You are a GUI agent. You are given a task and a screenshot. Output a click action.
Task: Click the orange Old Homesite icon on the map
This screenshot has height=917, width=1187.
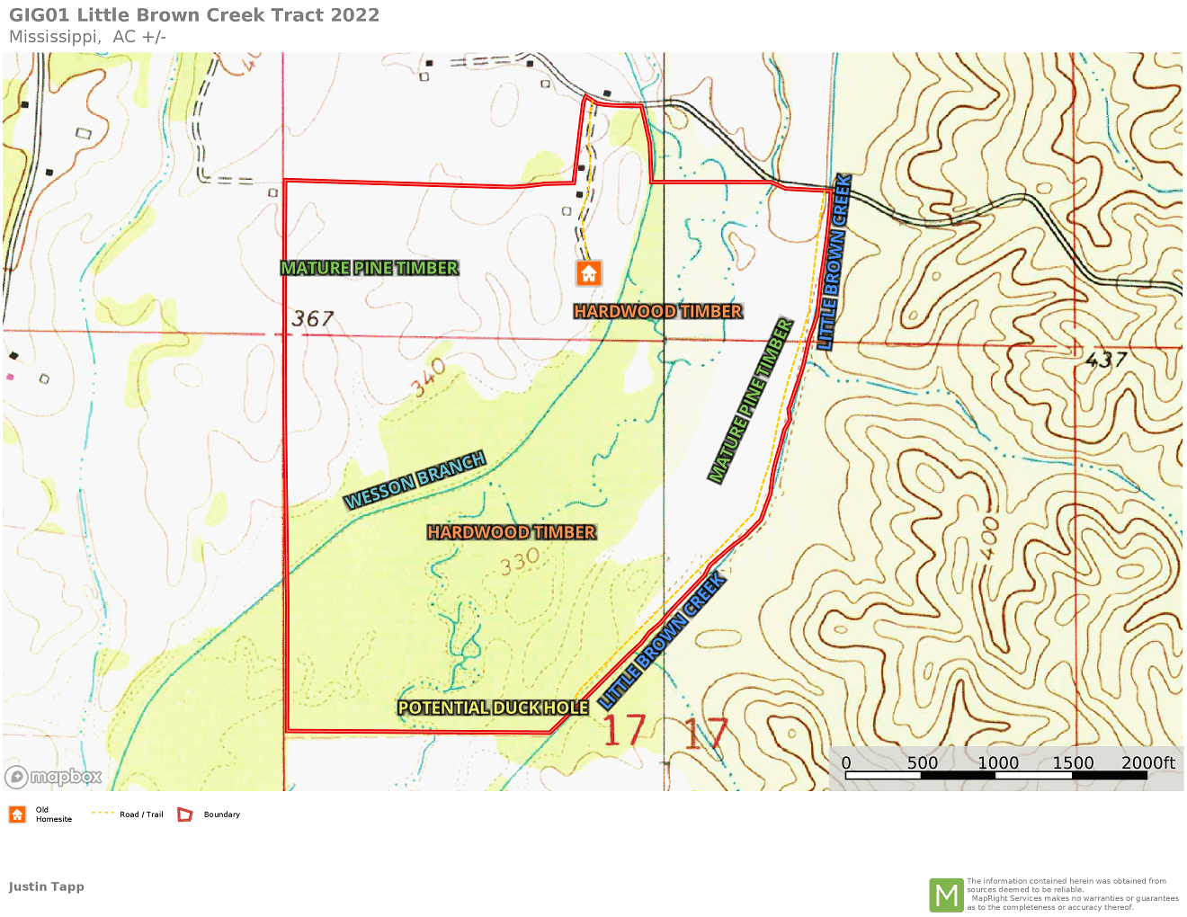click(x=589, y=273)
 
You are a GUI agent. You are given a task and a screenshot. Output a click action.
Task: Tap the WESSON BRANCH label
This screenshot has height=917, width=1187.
click(x=415, y=480)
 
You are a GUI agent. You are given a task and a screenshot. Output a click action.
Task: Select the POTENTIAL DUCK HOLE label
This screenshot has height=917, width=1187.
click(x=493, y=708)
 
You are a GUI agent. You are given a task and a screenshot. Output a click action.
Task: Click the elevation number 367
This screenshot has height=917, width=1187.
click(x=313, y=319)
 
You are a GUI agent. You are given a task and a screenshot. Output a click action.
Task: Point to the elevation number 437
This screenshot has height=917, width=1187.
click(x=1106, y=360)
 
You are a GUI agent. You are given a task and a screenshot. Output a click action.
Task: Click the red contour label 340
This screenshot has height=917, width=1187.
click(x=429, y=377)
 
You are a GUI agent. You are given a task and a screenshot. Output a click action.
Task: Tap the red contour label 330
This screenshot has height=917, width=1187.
click(x=520, y=562)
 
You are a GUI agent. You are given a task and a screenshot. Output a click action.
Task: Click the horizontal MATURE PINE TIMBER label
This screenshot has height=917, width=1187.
click(x=370, y=268)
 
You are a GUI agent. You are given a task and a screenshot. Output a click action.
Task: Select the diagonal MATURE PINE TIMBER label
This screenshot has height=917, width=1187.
click(x=750, y=401)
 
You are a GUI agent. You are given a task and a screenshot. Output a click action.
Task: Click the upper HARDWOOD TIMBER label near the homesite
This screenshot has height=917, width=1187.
click(x=658, y=312)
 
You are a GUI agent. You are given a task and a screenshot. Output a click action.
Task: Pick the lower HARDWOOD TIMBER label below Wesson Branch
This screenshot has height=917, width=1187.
click(x=512, y=532)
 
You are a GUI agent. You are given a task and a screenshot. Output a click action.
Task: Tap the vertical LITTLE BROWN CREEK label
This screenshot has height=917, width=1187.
click(x=834, y=262)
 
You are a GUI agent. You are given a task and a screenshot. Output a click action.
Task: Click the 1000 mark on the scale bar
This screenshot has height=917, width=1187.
click(x=998, y=763)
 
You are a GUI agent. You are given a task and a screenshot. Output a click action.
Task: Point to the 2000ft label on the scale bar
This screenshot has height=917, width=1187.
click(x=1148, y=763)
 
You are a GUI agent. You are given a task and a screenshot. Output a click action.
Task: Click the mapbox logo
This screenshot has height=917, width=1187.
click(x=54, y=777)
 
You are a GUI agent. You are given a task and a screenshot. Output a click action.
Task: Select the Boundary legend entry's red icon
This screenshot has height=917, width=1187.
click(x=185, y=815)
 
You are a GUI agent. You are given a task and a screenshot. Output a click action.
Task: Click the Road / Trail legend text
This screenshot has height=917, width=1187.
click(x=141, y=815)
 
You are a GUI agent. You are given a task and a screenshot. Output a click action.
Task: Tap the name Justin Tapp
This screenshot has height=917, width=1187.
click(x=47, y=886)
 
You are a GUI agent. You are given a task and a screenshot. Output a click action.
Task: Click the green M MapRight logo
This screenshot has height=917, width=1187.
click(x=946, y=895)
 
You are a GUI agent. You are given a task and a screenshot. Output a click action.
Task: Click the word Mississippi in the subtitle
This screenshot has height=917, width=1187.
click(x=53, y=37)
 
